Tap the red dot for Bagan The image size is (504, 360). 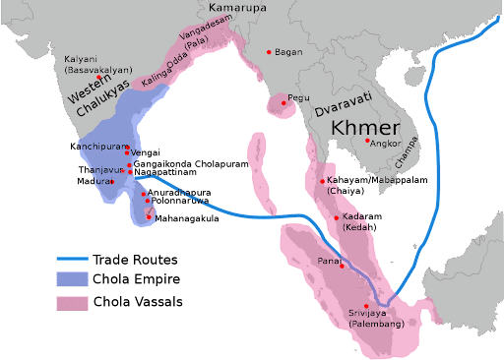pyautogui.click(x=269, y=52)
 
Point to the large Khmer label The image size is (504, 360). pyautogui.click(x=365, y=129)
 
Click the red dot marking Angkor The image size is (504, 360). pyautogui.click(x=367, y=142)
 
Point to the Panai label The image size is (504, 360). pyautogui.click(x=328, y=261)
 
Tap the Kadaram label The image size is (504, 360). pyautogui.click(x=357, y=217)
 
